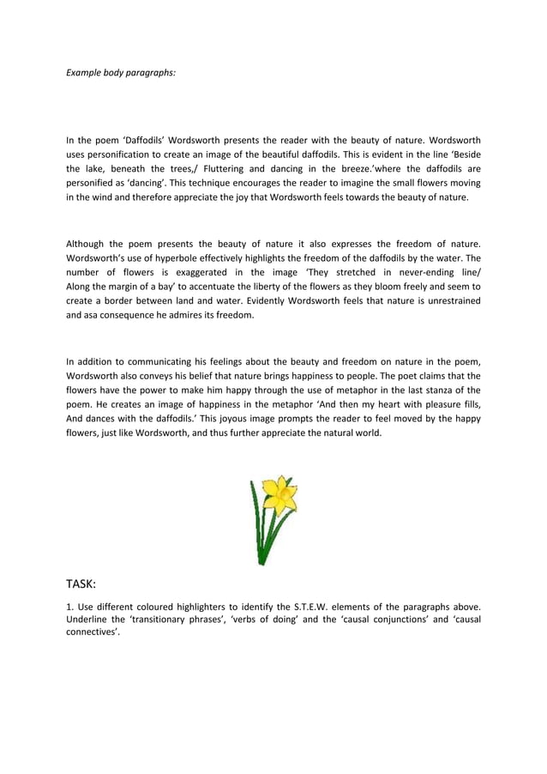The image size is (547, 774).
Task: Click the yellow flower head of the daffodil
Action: [281, 494]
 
